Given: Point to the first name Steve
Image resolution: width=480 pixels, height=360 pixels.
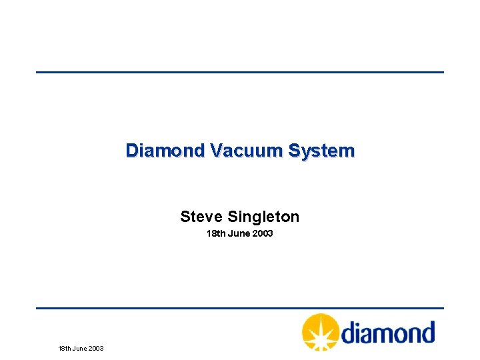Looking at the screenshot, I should pos(202,217).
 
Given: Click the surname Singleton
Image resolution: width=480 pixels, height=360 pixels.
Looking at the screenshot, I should pos(263,217).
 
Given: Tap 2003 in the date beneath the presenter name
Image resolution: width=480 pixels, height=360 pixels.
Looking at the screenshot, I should pos(262,234).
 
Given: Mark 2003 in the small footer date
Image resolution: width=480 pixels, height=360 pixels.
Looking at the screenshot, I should pos(96,348).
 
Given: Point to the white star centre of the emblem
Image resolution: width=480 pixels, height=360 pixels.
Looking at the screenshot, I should pos(321,331).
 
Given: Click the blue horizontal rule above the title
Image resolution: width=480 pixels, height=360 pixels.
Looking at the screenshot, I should pos(240,72).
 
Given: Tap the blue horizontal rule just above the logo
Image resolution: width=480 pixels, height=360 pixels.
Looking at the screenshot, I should pos(240,308).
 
